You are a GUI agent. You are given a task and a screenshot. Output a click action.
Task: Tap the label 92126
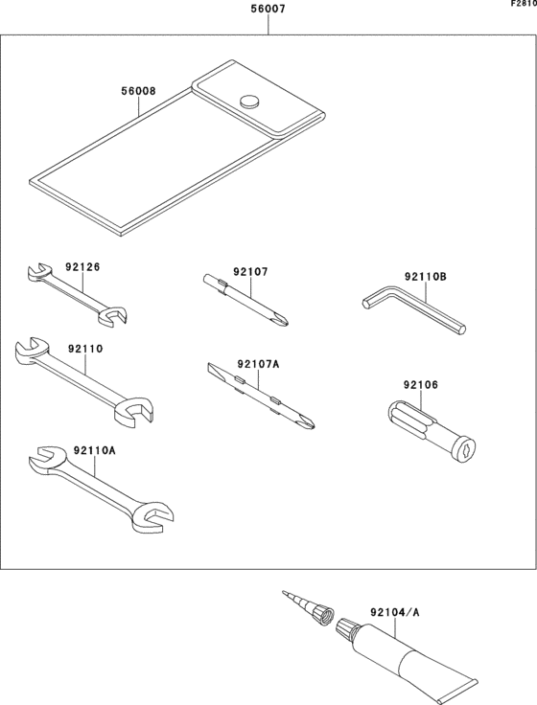pyautogui.click(x=82, y=267)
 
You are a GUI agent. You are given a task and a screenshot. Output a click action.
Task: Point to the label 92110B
pyautogui.click(x=426, y=277)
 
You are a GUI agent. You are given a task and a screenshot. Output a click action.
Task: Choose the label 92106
pyautogui.click(x=420, y=384)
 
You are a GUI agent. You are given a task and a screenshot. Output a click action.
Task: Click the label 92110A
pyautogui.click(x=94, y=449)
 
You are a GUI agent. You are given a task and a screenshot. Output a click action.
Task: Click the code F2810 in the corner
pyautogui.click(x=523, y=5)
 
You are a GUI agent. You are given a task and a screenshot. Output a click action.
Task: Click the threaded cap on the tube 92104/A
pyautogui.click(x=346, y=630)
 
